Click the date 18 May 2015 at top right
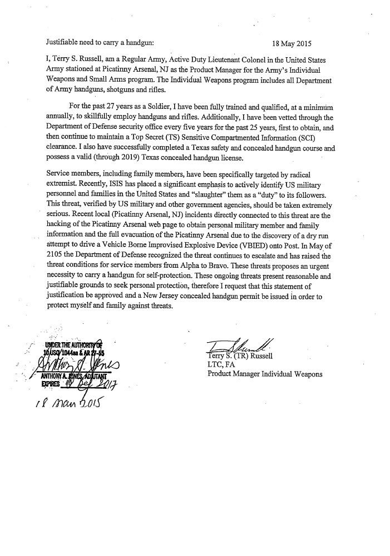pyautogui.click(x=293, y=42)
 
